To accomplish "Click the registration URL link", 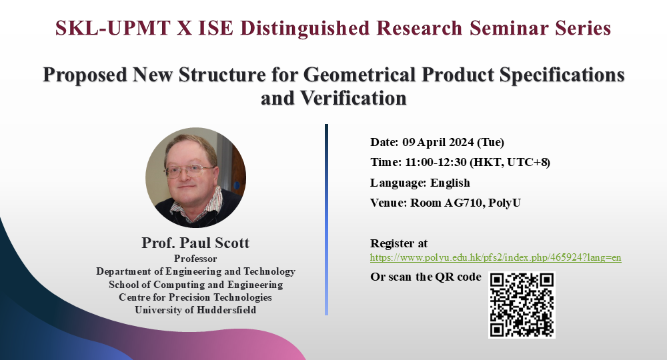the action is click(496, 257).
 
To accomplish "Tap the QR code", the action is click(522, 305).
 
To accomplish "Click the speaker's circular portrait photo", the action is click(195, 177).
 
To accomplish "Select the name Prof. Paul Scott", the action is click(195, 243).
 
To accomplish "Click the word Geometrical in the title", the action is click(360, 75).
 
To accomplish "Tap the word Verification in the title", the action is click(354, 98).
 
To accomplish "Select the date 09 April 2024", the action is click(438, 142).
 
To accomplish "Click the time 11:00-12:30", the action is click(436, 163).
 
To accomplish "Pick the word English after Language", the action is click(450, 183).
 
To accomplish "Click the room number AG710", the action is click(464, 203).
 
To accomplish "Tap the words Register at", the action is click(399, 243).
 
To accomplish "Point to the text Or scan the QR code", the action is click(426, 277).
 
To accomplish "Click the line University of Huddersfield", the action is click(195, 310).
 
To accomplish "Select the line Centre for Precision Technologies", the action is click(195, 297).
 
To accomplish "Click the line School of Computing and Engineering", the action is click(195, 285).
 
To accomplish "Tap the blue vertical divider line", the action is click(326, 220).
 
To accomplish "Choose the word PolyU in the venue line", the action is click(504, 203).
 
